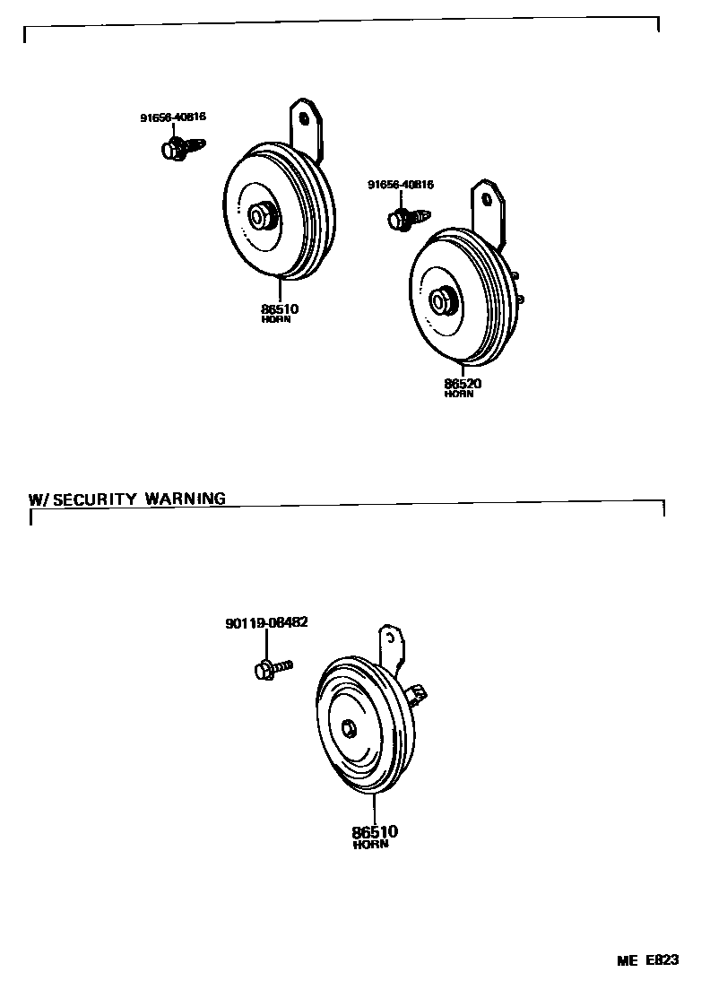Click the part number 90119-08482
266,621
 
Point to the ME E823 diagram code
646,960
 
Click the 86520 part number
463,384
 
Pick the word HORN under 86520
458,395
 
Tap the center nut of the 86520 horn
440,300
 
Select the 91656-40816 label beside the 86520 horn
401,185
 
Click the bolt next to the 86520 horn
407,218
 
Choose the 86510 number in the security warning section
375,831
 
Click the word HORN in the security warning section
370,844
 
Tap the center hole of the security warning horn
348,729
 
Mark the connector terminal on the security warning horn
419,692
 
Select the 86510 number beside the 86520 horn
280,309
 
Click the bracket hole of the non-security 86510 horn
304,117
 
